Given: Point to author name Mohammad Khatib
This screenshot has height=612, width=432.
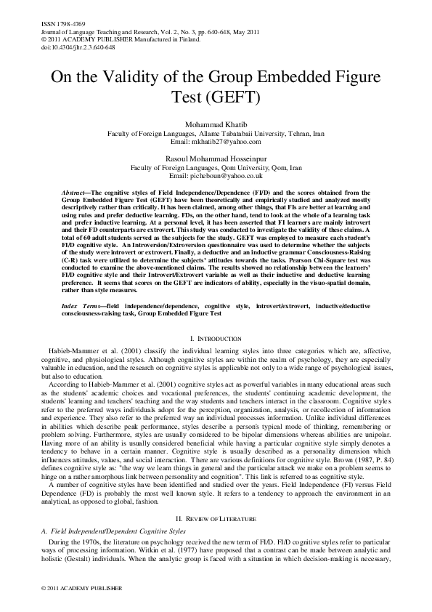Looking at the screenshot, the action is tap(216, 126).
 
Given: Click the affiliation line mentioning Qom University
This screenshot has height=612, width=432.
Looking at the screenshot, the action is tap(216, 166).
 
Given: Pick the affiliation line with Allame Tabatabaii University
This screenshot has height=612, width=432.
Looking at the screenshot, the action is tap(216, 134).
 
